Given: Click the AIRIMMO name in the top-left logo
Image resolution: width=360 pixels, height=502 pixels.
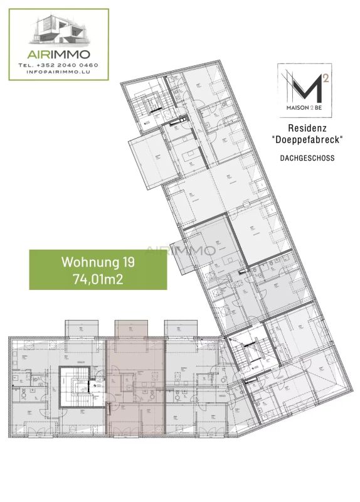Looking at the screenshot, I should [x=58, y=54].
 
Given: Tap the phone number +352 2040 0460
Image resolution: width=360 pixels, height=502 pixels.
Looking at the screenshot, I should [x=58, y=65].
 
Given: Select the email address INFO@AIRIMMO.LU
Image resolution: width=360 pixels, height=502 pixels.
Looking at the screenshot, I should [x=58, y=73].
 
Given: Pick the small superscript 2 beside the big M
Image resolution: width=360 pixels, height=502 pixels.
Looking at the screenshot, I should [x=326, y=78].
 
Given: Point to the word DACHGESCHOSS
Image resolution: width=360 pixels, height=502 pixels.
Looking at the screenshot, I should [x=307, y=159].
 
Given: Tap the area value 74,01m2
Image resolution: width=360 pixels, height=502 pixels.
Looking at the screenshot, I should [x=98, y=279].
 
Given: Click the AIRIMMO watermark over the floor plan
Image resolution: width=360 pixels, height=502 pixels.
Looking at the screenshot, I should [x=181, y=250].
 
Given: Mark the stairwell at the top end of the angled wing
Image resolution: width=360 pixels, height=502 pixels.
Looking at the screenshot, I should [x=151, y=103].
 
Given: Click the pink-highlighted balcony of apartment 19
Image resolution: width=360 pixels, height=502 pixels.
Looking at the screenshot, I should [x=130, y=329].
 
